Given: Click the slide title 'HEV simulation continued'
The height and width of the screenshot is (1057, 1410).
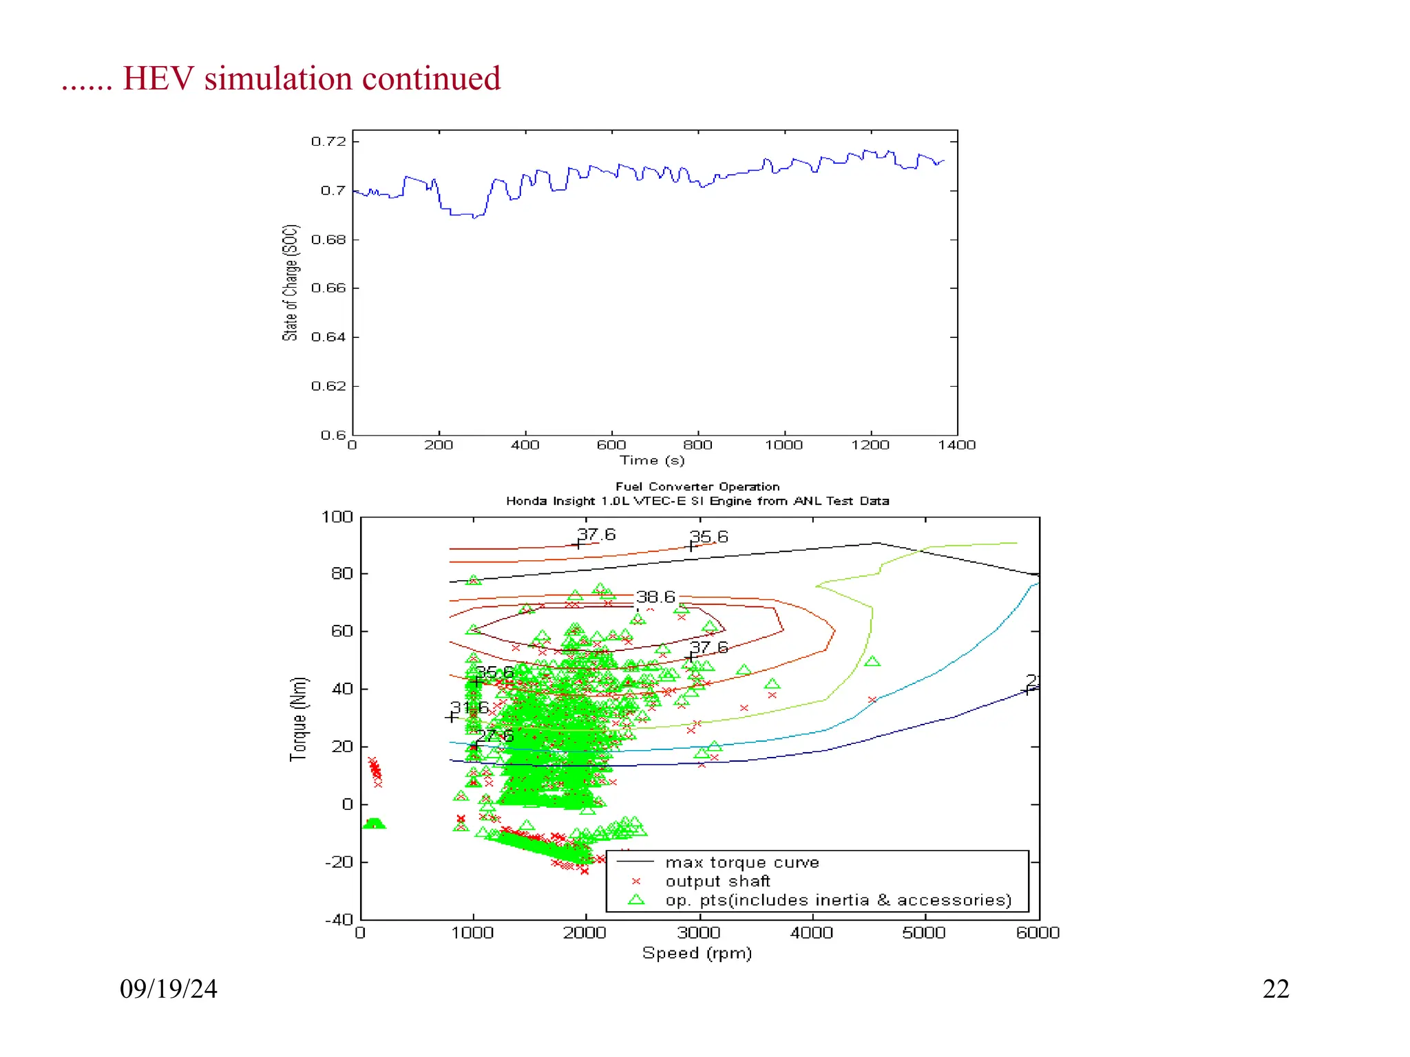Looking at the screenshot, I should click(x=311, y=78).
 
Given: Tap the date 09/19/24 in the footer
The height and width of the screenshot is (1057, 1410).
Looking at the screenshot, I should click(x=168, y=989).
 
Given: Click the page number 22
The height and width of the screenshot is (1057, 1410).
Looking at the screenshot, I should click(x=1275, y=989).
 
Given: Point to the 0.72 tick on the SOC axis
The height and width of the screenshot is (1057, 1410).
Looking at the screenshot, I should click(x=328, y=142).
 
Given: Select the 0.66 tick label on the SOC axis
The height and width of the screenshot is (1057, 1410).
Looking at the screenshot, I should click(x=328, y=288).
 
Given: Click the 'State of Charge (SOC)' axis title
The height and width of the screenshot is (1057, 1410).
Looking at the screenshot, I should click(x=291, y=283).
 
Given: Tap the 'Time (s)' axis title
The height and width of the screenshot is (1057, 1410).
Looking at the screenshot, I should click(x=652, y=460).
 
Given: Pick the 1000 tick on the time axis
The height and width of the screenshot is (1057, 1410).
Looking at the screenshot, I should click(x=783, y=445).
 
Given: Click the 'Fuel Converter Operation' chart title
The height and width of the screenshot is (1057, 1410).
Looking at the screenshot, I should click(x=697, y=487).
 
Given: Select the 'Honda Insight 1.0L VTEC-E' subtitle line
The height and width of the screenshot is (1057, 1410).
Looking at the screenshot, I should click(x=697, y=501).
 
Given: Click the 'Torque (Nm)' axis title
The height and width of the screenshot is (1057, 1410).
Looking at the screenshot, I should click(x=298, y=719).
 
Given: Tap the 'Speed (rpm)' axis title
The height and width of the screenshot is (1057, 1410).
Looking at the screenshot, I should click(x=697, y=953).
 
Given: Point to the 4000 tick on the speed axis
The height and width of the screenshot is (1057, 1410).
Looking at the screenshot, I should click(x=812, y=933).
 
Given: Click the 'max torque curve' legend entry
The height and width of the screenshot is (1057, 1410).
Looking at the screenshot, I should click(x=741, y=863).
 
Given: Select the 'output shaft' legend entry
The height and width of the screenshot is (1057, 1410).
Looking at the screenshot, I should click(x=717, y=882).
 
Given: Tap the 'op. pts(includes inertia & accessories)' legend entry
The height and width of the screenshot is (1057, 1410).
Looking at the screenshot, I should click(x=838, y=901).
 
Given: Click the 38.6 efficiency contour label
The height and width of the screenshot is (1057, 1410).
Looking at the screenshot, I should click(x=655, y=597).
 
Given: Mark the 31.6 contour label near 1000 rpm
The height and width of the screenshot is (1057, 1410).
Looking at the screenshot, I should click(x=470, y=707).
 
